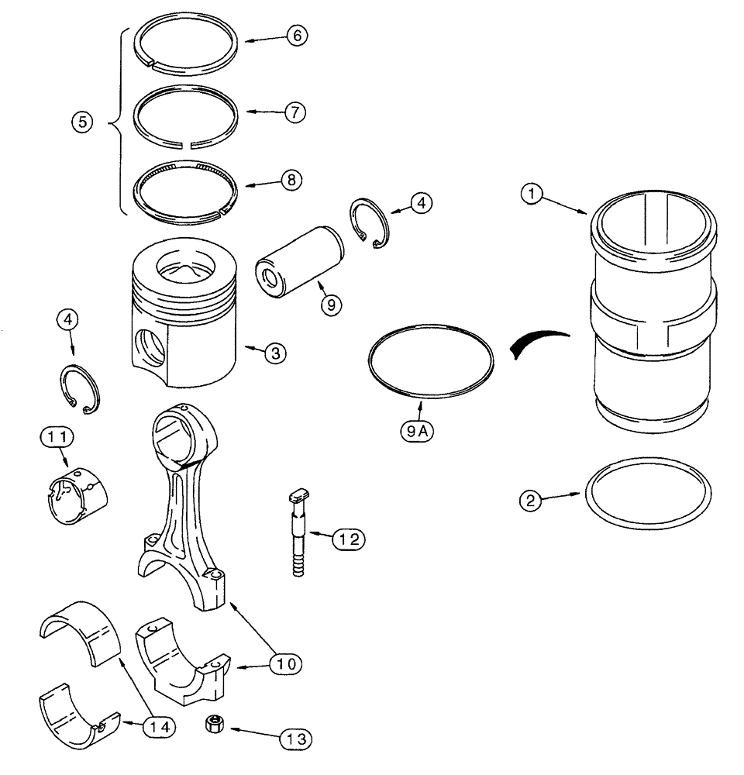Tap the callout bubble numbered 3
[x=275, y=353]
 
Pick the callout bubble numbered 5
[x=80, y=121]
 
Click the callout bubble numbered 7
[x=294, y=112]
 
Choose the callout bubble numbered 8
[x=291, y=181]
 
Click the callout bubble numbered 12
[x=348, y=536]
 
